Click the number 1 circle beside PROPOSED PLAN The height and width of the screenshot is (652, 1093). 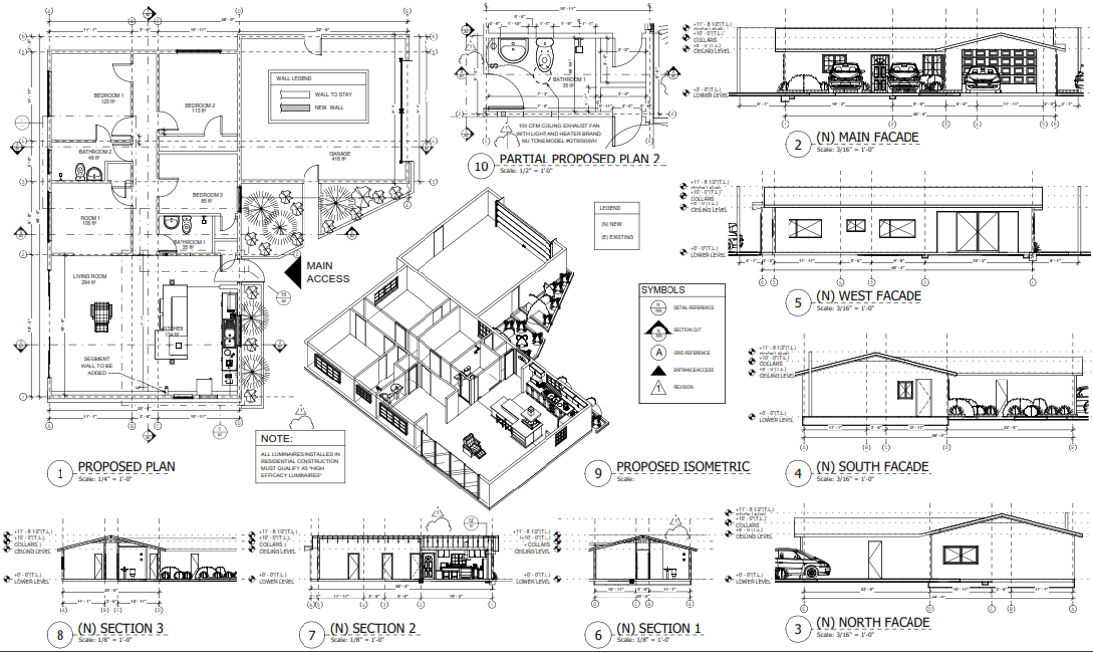point(60,474)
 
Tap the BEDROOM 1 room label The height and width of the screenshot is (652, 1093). point(108,97)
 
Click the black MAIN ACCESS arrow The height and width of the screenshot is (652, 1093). point(292,271)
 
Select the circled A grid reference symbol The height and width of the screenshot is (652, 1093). point(657,351)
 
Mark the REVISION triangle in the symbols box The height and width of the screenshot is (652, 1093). point(657,386)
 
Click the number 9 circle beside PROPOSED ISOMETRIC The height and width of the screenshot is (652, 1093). point(595,474)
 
